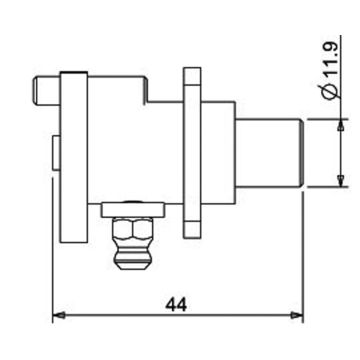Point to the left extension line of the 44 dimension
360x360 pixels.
pos(53,280)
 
